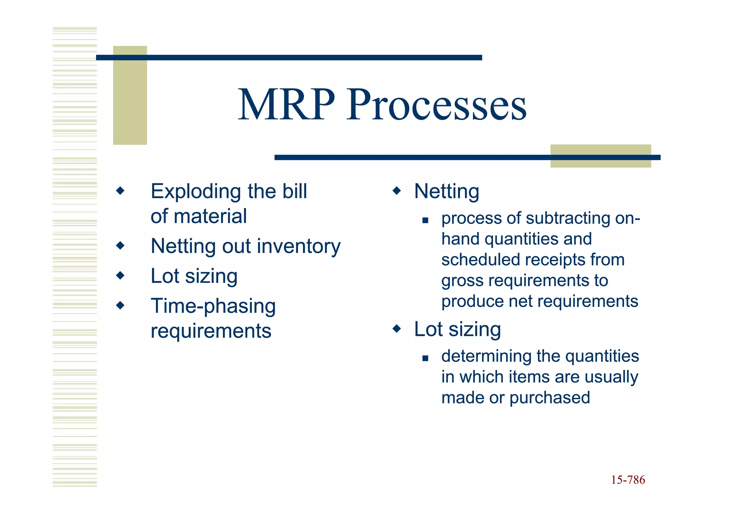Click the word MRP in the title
click(287, 105)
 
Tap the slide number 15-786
click(628, 480)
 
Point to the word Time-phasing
click(213, 306)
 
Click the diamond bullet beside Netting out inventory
click(120, 245)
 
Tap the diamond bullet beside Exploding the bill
click(120, 191)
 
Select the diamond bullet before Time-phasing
click(120, 305)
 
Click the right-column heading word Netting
click(446, 191)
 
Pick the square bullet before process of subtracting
click(425, 220)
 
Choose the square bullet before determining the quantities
click(425, 358)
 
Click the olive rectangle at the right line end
click(600, 156)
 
